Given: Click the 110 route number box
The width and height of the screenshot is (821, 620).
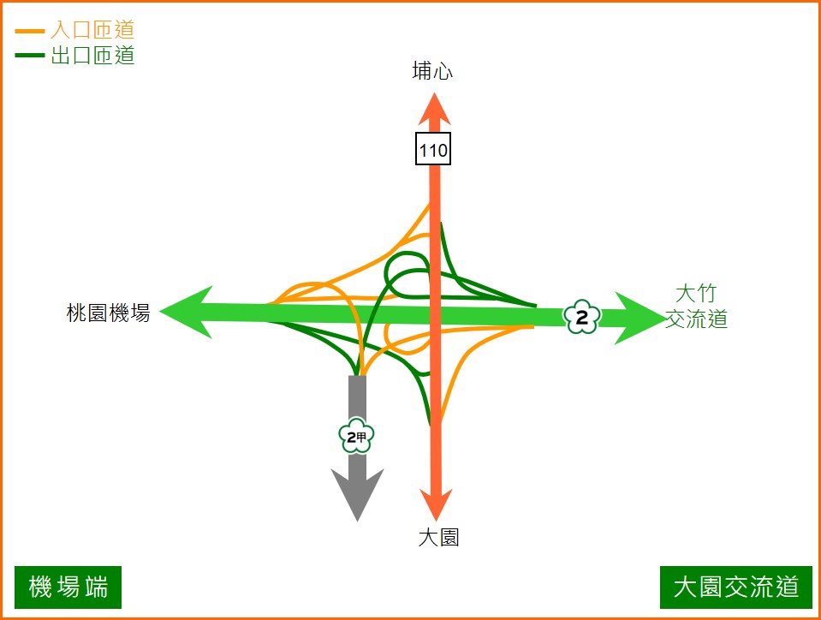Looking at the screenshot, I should [x=433, y=150].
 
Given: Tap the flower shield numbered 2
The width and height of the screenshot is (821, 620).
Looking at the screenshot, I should [x=582, y=318].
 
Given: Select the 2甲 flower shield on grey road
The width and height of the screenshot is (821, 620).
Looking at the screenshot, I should [x=357, y=438].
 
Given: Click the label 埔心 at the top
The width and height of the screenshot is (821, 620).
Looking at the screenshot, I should [x=432, y=72].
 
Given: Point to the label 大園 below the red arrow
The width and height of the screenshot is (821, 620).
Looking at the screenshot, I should [x=438, y=538].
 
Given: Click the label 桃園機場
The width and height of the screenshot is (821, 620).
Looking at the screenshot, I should [x=108, y=313].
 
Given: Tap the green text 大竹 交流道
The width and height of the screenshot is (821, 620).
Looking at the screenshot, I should [x=696, y=307].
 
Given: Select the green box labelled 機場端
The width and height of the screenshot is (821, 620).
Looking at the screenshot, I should [x=68, y=587].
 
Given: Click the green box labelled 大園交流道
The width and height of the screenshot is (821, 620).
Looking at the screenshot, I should [x=736, y=587].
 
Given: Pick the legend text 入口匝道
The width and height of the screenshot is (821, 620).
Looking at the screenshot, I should [x=92, y=31].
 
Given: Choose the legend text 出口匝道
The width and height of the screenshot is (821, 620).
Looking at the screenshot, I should [x=92, y=57].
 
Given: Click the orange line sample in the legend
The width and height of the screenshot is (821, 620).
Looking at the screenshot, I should [x=30, y=32].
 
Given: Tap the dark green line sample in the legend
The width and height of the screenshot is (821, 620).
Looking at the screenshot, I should [x=30, y=57].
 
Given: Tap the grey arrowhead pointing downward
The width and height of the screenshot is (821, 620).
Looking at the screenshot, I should [x=357, y=492].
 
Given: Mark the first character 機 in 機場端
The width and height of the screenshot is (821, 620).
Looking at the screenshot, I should [x=40, y=587].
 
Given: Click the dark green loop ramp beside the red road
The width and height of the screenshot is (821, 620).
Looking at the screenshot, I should [x=406, y=272].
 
